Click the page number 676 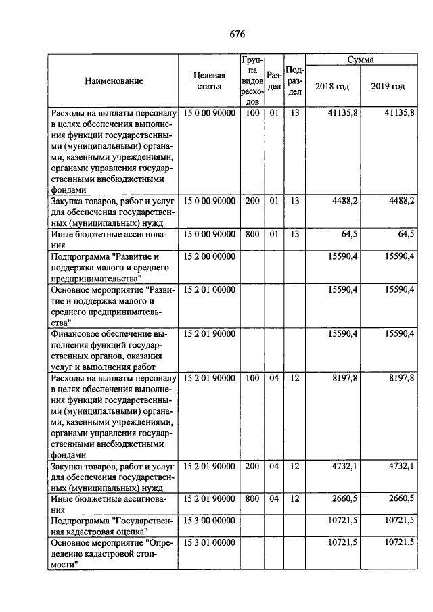click(x=236, y=34)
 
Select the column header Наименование click(x=114, y=81)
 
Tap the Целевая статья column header click(x=209, y=81)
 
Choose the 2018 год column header click(x=332, y=87)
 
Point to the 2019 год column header click(x=388, y=87)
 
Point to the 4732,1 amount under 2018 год click(x=342, y=465)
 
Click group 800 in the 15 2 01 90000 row click(x=252, y=498)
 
